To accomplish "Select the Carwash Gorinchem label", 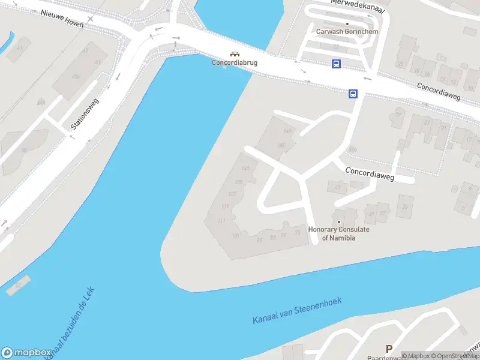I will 347,32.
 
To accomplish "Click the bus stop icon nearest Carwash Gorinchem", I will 337,64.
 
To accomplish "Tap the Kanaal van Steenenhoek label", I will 297,311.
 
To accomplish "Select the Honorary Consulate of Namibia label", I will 338,233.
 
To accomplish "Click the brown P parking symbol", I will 389,349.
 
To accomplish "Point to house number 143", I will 245,169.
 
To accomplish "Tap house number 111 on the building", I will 221,221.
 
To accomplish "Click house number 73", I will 298,233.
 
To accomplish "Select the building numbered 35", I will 404,207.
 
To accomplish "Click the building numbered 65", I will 337,187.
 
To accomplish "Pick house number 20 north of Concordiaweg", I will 400,64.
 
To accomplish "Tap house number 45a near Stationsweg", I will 76,77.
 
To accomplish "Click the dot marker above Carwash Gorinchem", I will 347,23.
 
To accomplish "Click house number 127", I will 233,194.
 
